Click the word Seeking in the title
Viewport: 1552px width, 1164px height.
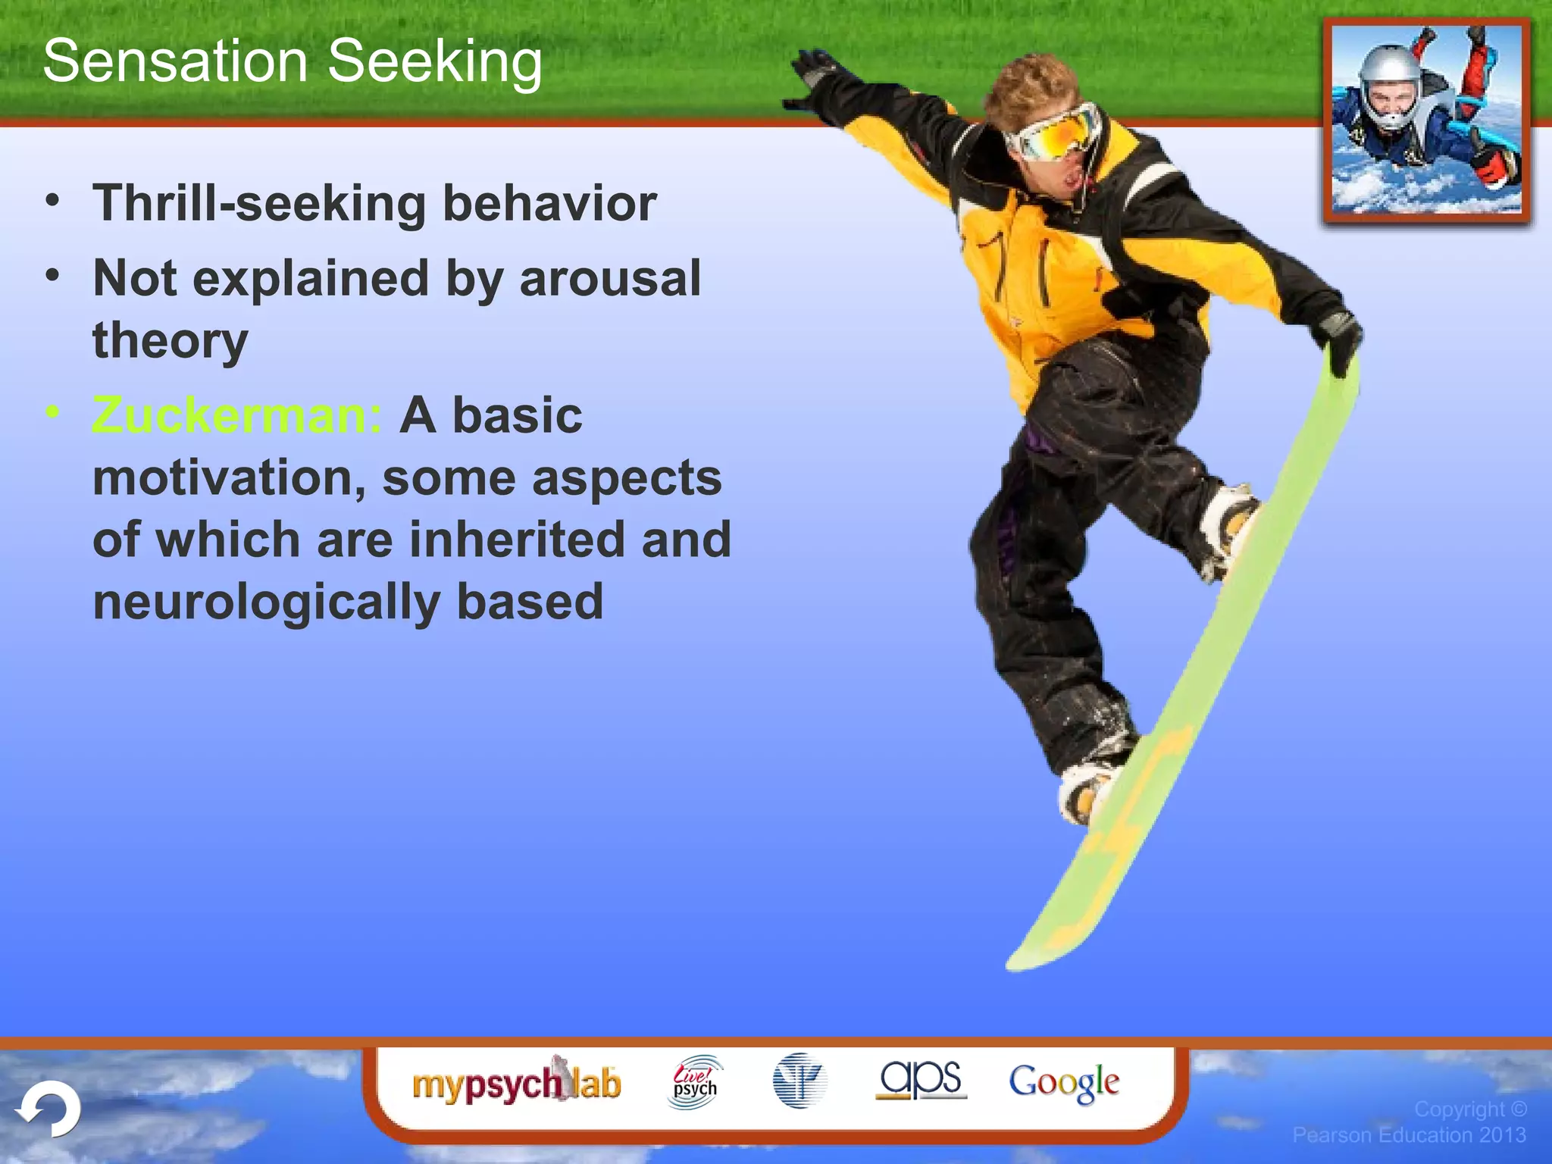click(435, 62)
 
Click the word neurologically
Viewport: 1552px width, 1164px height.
click(266, 602)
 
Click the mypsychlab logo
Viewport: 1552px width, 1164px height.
click(516, 1084)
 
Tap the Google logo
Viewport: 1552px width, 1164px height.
click(1064, 1082)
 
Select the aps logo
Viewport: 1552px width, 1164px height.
click(921, 1080)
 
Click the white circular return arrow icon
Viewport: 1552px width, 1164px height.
click(49, 1109)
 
